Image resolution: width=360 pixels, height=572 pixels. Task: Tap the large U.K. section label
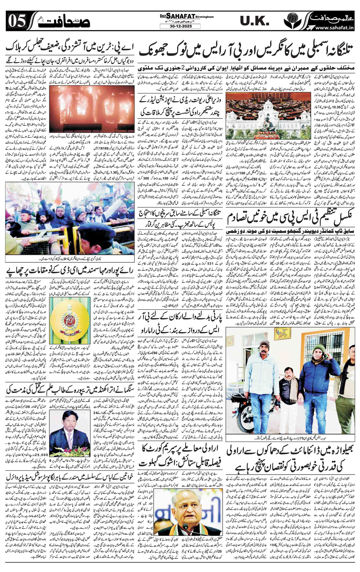tap(253, 21)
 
